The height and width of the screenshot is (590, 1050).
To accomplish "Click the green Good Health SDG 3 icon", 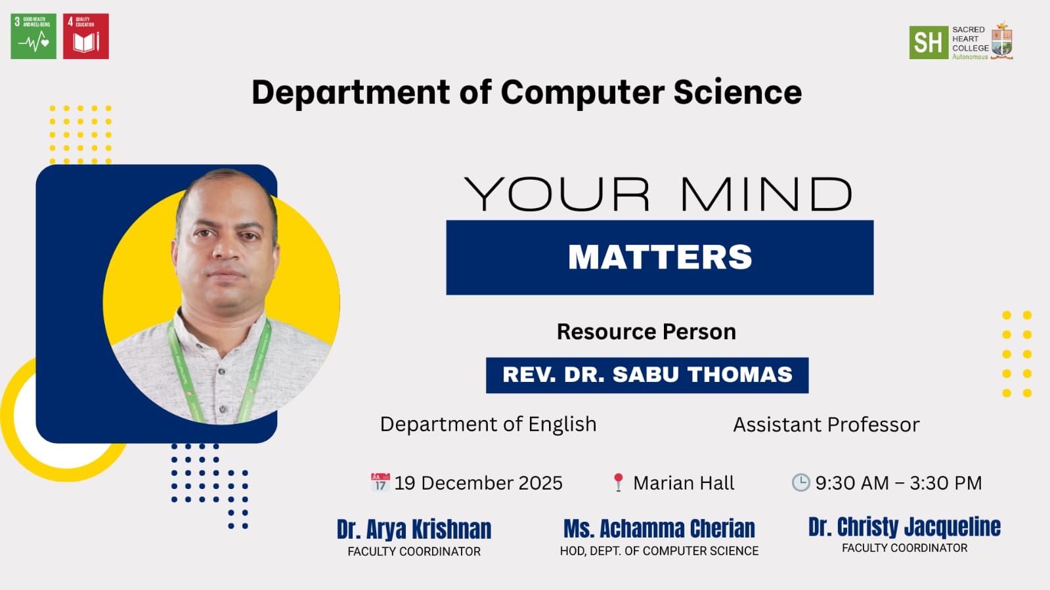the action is pyautogui.click(x=33, y=36).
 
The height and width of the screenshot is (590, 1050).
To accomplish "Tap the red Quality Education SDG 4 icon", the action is pyautogui.click(x=86, y=36).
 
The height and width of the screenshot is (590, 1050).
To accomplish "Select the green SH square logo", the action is pyautogui.click(x=929, y=42).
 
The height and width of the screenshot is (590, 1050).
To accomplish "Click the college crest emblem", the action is pyautogui.click(x=1002, y=41).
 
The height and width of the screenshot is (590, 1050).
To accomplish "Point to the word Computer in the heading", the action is pyautogui.click(x=582, y=92).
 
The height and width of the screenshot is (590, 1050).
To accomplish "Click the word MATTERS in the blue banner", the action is pyautogui.click(x=660, y=257).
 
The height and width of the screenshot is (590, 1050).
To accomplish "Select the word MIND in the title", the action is pyautogui.click(x=766, y=194).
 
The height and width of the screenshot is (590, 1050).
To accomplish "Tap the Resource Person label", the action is pyautogui.click(x=646, y=332).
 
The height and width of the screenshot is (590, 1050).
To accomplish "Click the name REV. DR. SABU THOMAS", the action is pyautogui.click(x=647, y=375).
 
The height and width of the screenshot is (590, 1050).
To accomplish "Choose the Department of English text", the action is pyautogui.click(x=488, y=425).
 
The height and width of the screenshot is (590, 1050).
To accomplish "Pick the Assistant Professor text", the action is pyautogui.click(x=826, y=425).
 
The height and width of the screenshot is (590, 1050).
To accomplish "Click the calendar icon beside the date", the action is pyautogui.click(x=380, y=482).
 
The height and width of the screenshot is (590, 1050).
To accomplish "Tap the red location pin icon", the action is pyautogui.click(x=619, y=482).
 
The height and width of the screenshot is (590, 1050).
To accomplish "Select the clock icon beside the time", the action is pyautogui.click(x=800, y=482).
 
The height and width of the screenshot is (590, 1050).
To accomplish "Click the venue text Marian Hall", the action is pyautogui.click(x=684, y=482).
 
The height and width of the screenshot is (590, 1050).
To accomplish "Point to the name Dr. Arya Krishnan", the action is pyautogui.click(x=414, y=530).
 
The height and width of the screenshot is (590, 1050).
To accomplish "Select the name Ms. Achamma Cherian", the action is pyautogui.click(x=659, y=528).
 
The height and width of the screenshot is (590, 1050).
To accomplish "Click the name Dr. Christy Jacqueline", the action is pyautogui.click(x=904, y=527).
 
